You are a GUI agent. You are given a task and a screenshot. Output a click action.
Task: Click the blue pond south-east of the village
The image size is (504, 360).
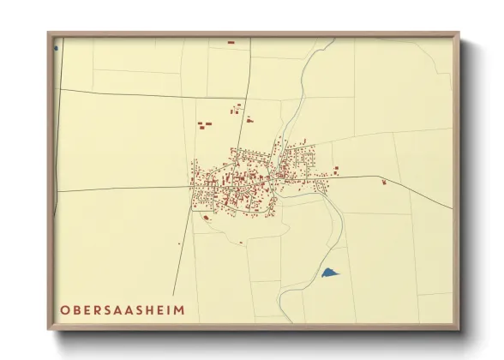(329, 273)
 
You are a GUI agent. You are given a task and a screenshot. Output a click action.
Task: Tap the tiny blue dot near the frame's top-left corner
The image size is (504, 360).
(57, 47)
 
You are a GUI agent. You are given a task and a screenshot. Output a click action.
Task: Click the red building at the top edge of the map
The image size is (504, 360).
(231, 42)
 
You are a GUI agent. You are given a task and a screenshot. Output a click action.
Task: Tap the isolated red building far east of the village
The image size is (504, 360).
(384, 182)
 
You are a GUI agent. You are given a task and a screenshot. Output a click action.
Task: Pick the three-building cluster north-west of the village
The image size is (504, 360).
(204, 125)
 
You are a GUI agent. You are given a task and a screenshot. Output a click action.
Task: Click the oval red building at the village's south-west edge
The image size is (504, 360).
(207, 217)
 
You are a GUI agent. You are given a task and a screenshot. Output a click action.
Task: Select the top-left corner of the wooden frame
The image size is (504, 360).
(49, 33)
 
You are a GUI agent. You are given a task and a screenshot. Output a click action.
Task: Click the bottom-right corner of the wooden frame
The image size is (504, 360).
(459, 328)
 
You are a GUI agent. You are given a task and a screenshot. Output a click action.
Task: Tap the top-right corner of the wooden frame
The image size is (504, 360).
(459, 33)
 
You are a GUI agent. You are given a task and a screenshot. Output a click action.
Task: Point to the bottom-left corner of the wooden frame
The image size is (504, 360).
(49, 328)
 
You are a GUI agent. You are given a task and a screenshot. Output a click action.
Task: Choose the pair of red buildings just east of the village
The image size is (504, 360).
(336, 171)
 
